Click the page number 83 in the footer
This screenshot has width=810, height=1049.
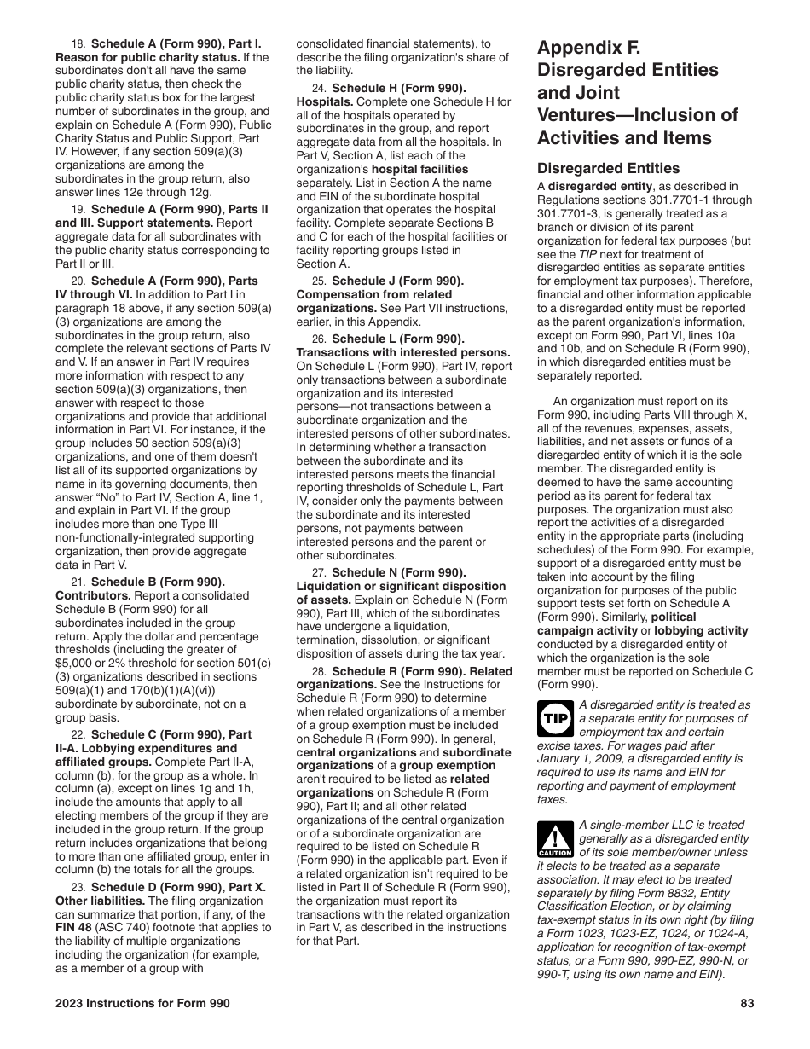tap(747, 1003)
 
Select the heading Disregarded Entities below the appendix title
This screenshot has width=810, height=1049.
tap(609, 168)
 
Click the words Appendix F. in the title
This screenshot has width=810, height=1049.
tap(588, 48)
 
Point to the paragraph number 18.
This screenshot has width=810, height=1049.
tap(78, 43)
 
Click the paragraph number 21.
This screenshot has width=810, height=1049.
tap(78, 582)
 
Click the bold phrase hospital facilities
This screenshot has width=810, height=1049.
tap(419, 169)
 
